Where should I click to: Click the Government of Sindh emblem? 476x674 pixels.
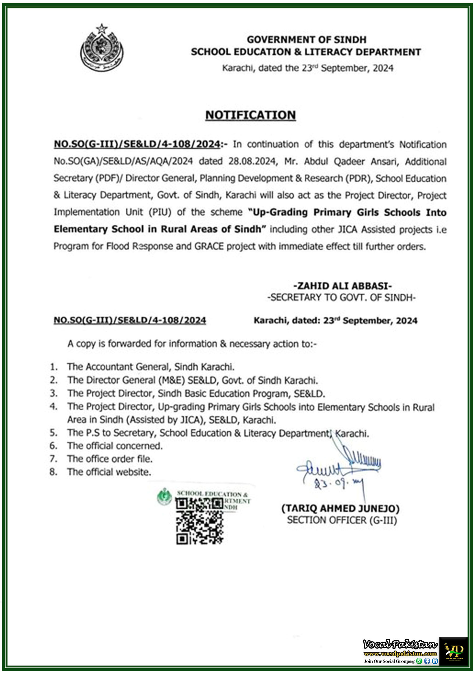102,48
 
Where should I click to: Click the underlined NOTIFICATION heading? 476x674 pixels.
250,115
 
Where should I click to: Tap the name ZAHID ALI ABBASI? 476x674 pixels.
343,286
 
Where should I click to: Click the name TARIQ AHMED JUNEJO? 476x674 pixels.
341,508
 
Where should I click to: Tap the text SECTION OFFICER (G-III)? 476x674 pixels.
342,520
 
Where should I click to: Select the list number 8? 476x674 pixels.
53,472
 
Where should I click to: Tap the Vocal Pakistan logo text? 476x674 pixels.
400,644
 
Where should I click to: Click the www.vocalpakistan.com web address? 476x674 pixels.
400,653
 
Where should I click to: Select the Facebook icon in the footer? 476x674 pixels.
427,661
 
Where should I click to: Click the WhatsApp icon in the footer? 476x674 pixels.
419,661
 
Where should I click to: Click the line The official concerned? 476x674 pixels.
115,446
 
